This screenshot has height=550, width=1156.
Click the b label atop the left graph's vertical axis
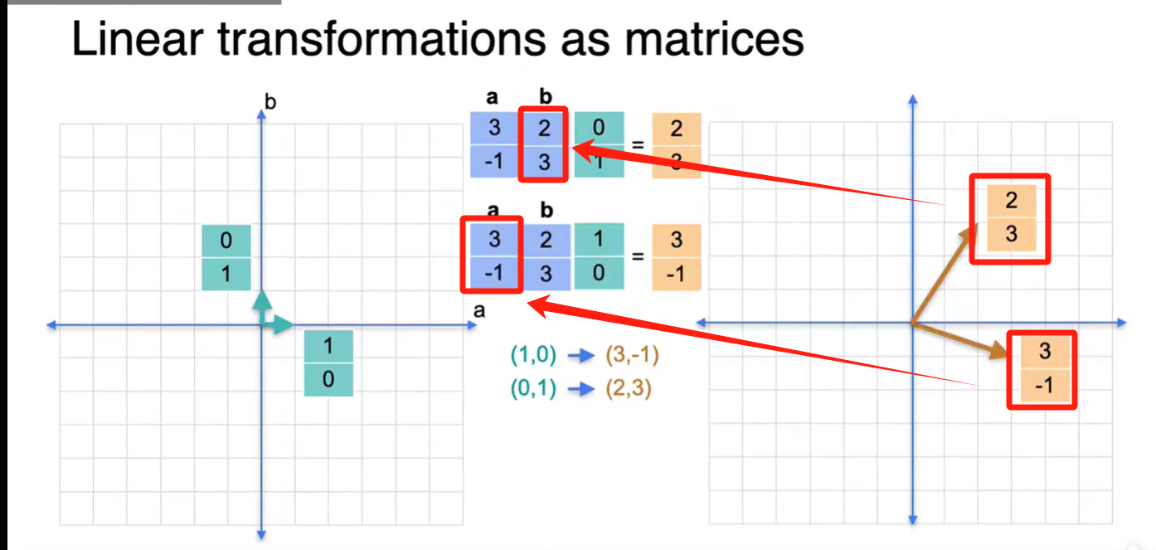click(270, 102)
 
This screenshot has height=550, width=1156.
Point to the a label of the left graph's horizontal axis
click(478, 310)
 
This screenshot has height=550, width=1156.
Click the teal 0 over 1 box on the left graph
click(226, 258)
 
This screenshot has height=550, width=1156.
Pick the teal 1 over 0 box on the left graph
click(328, 363)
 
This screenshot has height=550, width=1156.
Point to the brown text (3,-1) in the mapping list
click(633, 355)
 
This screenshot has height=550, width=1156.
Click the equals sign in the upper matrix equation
click(638, 145)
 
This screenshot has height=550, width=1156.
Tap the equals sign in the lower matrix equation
click(638, 256)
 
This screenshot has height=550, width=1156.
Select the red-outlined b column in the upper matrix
click(544, 145)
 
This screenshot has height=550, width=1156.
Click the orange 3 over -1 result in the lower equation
click(677, 256)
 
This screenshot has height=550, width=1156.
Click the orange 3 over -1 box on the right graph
click(1042, 369)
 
